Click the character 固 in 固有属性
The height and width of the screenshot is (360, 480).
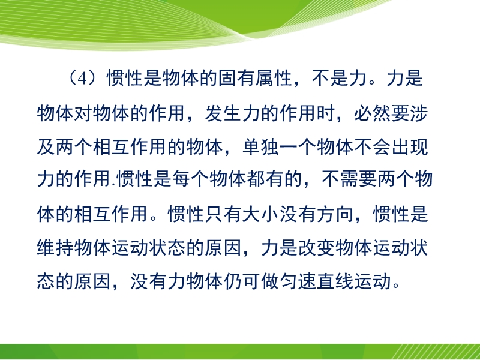[227, 78]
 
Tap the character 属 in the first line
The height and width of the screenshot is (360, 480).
[265, 78]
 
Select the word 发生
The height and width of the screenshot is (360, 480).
[223, 113]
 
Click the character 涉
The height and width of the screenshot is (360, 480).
[418, 113]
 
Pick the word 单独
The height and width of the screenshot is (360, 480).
[260, 147]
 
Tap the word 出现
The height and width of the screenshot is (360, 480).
[410, 147]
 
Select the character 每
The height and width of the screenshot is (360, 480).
[182, 179]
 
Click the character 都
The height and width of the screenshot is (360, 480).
[257, 179]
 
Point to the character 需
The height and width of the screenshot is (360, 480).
[349, 179]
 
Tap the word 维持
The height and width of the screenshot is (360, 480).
[55, 247]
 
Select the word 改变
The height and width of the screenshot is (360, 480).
[317, 247]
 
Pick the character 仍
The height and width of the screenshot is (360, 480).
[233, 281]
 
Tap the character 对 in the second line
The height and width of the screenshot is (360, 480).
[83, 113]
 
